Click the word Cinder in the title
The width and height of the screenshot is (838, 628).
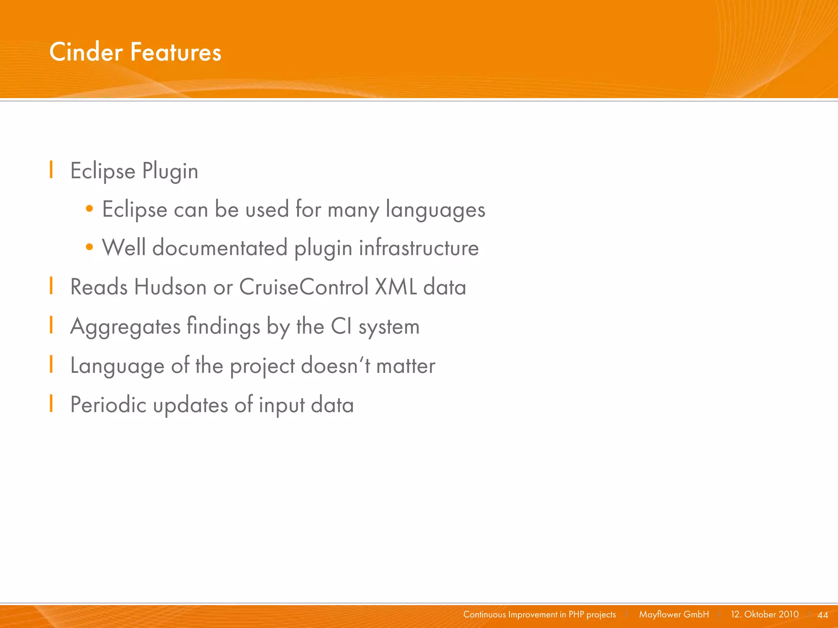tap(86, 52)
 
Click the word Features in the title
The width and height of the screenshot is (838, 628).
tap(176, 52)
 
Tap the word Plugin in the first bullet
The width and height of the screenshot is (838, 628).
tap(170, 171)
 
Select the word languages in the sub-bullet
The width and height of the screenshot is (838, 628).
tap(435, 210)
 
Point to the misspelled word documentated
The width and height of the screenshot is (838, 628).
tap(220, 248)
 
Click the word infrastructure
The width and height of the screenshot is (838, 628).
tap(419, 248)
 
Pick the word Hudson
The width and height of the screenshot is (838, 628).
tap(170, 287)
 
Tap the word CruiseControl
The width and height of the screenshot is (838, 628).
tap(304, 287)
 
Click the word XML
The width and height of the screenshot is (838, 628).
tap(396, 287)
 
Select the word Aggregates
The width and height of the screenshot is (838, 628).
tap(125, 327)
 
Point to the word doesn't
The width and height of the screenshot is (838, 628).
tap(336, 365)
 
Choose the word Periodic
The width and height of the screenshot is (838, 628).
tap(108, 405)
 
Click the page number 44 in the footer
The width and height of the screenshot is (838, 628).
tap(822, 615)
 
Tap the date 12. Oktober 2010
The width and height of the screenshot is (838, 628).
tap(764, 615)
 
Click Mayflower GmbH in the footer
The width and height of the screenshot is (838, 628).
tap(674, 615)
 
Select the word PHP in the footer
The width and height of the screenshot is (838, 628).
tap(576, 615)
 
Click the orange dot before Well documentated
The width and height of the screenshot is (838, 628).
tap(90, 247)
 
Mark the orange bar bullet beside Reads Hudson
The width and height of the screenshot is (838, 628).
tap(51, 285)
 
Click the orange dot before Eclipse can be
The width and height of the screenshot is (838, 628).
tap(90, 209)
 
